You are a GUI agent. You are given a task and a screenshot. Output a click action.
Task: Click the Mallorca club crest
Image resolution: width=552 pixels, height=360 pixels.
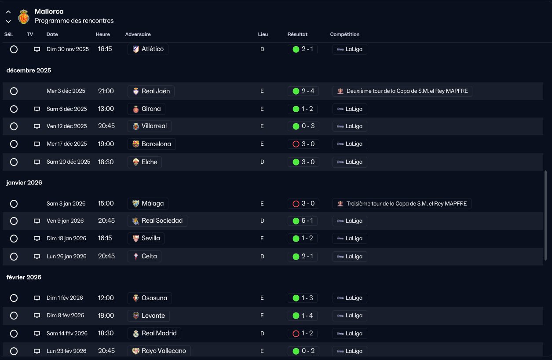click(x=24, y=17)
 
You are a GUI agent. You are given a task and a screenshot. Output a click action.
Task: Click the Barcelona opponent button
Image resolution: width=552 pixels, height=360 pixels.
click(x=152, y=144)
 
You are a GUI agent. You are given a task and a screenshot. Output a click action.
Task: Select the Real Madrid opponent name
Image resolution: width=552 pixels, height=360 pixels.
click(x=159, y=333)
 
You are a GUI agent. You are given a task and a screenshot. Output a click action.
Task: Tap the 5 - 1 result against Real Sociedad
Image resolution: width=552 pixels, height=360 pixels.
click(x=302, y=220)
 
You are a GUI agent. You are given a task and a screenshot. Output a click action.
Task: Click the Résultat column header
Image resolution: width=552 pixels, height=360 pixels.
click(x=297, y=34)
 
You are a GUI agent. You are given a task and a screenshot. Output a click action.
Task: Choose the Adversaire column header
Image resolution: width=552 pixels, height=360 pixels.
click(x=138, y=34)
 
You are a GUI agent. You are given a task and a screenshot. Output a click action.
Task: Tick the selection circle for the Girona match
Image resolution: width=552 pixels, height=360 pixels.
click(x=14, y=109)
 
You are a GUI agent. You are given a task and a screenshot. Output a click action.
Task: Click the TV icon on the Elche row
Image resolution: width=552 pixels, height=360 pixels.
click(x=37, y=162)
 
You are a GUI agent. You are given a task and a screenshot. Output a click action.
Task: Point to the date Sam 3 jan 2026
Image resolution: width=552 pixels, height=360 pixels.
click(x=66, y=203)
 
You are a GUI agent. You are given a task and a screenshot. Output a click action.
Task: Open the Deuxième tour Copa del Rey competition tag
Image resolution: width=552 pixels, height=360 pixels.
click(x=402, y=91)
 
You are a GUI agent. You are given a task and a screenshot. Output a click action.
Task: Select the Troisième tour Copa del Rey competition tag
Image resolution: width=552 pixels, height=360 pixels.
click(x=402, y=203)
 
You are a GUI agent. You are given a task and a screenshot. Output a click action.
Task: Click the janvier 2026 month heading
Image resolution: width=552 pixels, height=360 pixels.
click(x=24, y=183)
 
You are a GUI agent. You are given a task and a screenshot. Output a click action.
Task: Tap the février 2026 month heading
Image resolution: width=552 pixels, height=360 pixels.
click(x=24, y=277)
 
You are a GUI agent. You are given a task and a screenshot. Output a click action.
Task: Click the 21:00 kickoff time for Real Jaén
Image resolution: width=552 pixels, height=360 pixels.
click(x=106, y=91)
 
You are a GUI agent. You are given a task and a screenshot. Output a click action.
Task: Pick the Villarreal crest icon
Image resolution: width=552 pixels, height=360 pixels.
click(x=136, y=126)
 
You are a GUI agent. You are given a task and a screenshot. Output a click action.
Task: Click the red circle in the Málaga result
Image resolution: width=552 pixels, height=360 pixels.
click(x=296, y=204)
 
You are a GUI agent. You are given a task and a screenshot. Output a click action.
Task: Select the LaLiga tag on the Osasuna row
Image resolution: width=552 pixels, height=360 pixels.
click(x=350, y=298)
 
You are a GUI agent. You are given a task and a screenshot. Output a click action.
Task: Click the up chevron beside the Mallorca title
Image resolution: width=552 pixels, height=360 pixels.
click(x=8, y=12)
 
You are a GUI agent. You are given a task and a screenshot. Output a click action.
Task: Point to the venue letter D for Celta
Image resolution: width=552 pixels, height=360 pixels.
click(x=262, y=257)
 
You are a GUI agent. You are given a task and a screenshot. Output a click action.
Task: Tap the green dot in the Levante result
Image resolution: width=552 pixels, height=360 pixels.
click(x=296, y=316)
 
